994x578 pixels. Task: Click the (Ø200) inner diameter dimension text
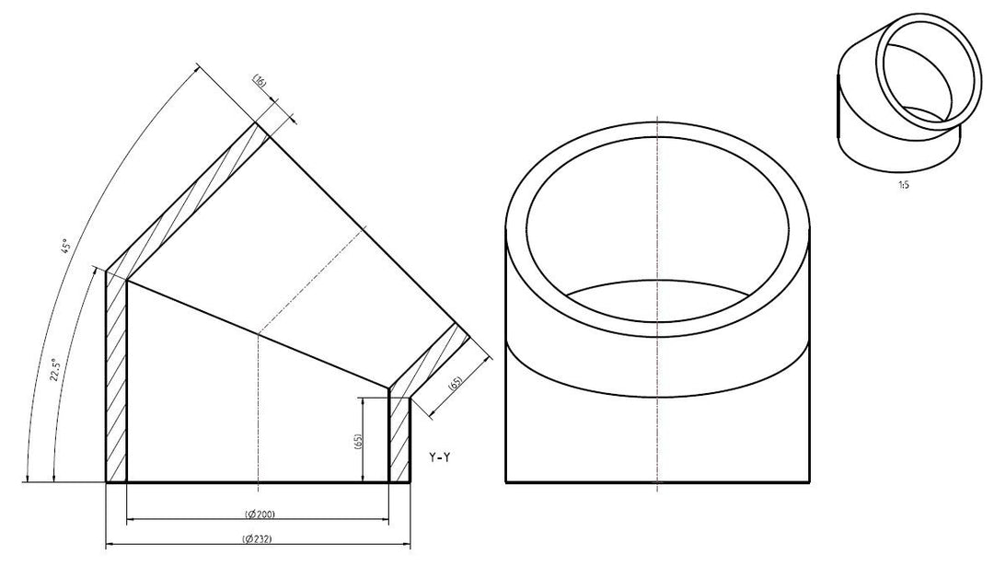(260, 514)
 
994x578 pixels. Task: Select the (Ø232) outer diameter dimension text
(258, 539)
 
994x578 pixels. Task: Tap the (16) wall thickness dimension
(260, 80)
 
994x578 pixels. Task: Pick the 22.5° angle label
(56, 370)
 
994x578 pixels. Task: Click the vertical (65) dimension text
(357, 442)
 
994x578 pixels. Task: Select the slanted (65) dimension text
(455, 385)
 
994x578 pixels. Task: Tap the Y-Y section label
(439, 457)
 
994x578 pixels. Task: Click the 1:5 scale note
(904, 186)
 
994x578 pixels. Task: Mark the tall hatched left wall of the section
(116, 377)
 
